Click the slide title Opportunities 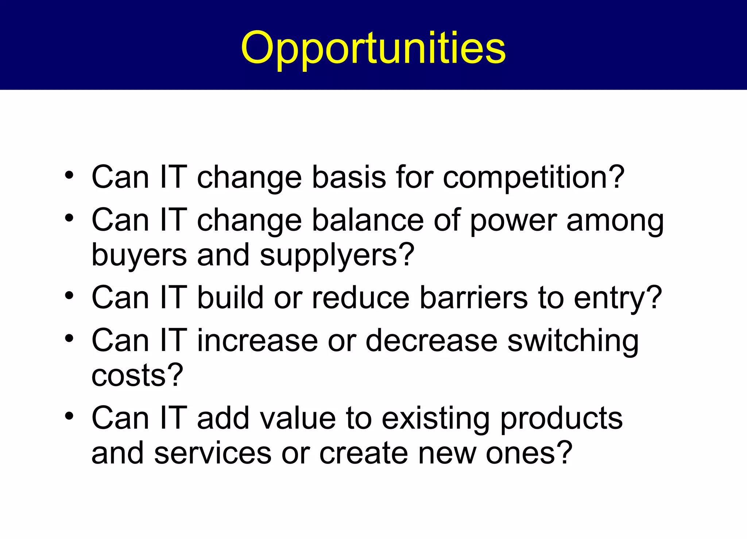[373, 47]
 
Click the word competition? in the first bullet [533, 177]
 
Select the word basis [349, 177]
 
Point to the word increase [257, 340]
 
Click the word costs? [137, 375]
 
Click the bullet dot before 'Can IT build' [69, 296]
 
